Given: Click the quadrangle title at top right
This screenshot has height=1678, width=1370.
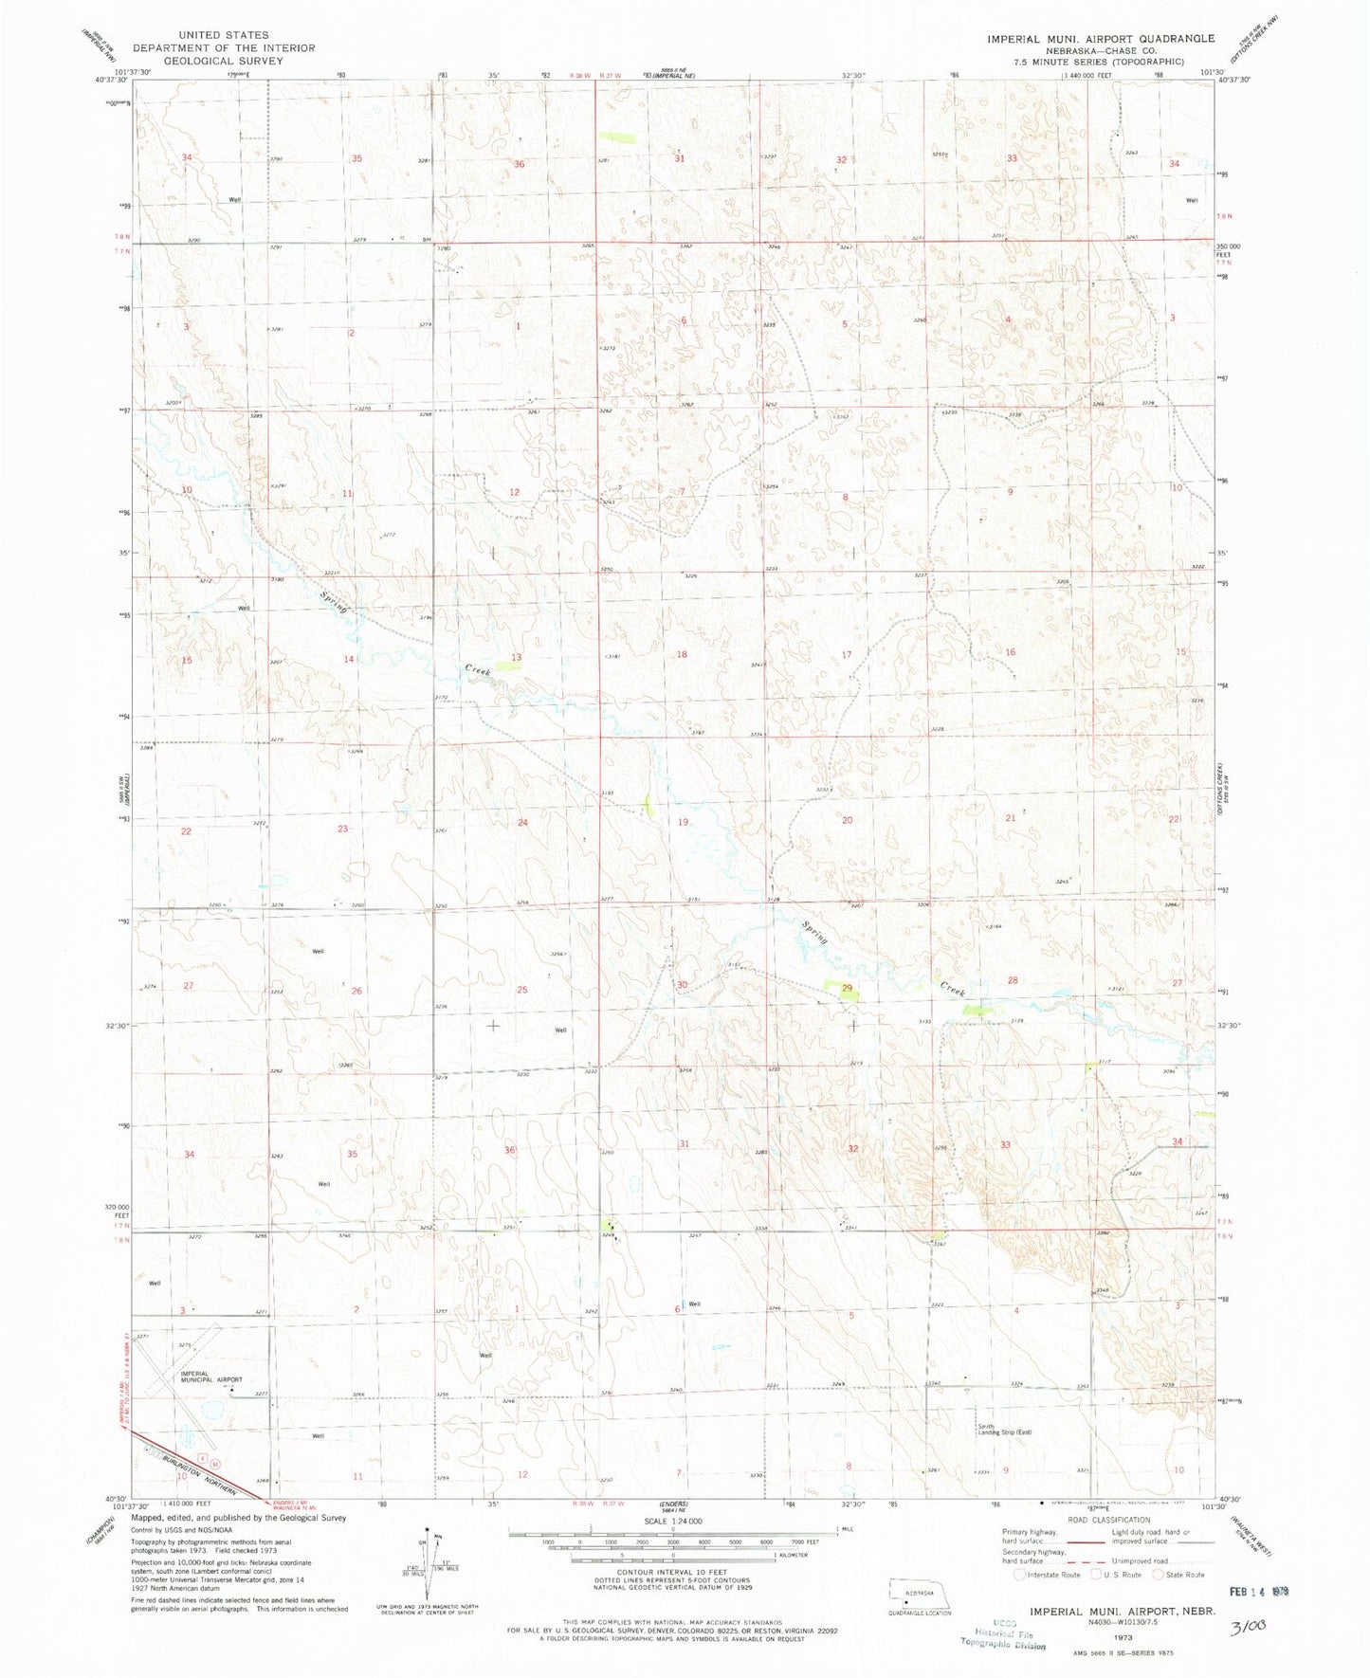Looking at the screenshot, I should [1100, 39].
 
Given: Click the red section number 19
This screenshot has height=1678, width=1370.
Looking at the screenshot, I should [683, 822].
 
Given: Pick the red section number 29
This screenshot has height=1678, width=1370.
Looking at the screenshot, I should [847, 989].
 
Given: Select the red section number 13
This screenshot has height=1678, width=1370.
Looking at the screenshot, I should [517, 657].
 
